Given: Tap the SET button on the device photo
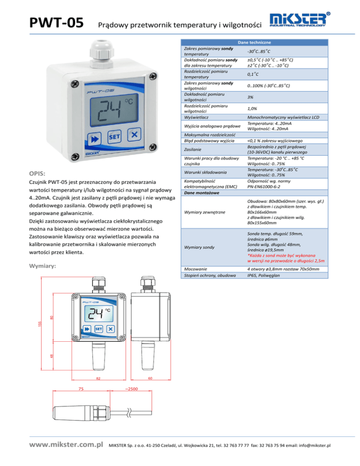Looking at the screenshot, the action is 115,136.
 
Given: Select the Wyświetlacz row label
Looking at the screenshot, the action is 196,117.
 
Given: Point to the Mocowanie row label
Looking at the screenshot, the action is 195,270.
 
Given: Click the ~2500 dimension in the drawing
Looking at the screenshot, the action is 132,389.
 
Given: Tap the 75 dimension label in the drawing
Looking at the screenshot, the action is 81,389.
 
